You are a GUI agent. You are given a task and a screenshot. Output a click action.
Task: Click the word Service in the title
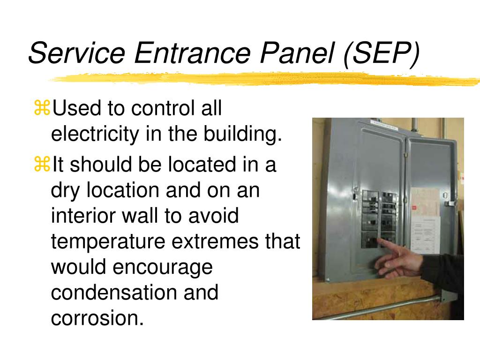[76, 52]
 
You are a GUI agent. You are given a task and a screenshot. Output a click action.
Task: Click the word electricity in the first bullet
[95, 135]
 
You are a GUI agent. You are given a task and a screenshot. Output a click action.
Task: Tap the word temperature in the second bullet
[108, 242]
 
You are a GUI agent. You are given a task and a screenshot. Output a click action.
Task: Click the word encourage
[163, 268]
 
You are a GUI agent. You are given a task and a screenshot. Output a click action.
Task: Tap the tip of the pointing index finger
[380, 240]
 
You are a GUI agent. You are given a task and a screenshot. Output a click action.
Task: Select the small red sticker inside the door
[414, 208]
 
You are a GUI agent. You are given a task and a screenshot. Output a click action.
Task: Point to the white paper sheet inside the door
[425, 234]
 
